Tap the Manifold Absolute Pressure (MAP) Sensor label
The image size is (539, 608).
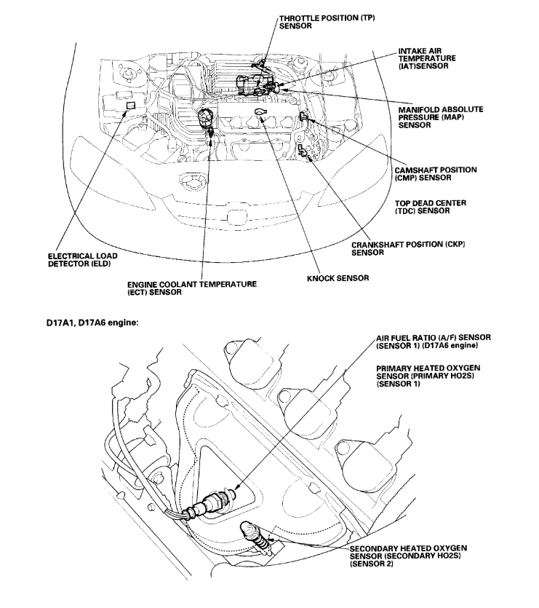point(440,117)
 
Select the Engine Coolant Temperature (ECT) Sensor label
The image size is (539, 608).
point(191,288)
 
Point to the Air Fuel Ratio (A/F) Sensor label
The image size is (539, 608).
point(434,342)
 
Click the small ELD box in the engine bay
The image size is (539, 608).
point(129,106)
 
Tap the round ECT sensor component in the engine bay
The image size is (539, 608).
point(206,117)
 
